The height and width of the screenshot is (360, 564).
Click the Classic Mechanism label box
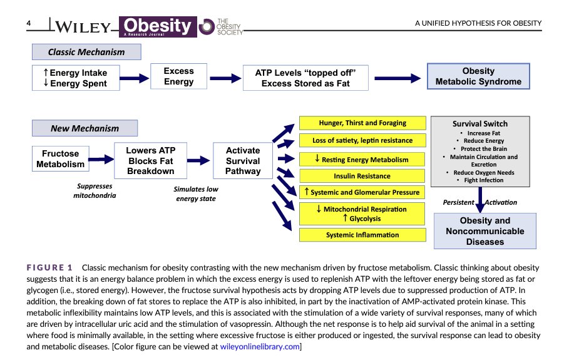pyautogui.click(x=87, y=52)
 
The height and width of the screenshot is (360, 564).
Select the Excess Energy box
pyautogui.click(x=178, y=76)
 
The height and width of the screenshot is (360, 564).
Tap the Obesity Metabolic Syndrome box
pyautogui.click(x=478, y=76)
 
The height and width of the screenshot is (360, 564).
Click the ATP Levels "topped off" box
pyautogui.click(x=305, y=78)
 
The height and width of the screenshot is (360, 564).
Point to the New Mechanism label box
pyautogui.click(x=85, y=128)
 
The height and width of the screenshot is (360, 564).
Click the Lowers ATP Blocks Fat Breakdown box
pyautogui.click(x=150, y=161)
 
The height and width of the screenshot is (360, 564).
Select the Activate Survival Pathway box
pyautogui.click(x=242, y=161)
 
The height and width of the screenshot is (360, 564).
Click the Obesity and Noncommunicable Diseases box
pyautogui.click(x=485, y=230)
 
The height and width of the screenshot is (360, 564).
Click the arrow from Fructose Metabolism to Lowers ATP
pyautogui.click(x=99, y=160)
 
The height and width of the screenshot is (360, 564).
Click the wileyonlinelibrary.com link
pyautogui.click(x=260, y=346)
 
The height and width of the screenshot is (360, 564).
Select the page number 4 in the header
pyautogui.click(x=29, y=24)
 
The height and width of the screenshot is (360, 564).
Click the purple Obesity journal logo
pyautogui.click(x=158, y=26)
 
